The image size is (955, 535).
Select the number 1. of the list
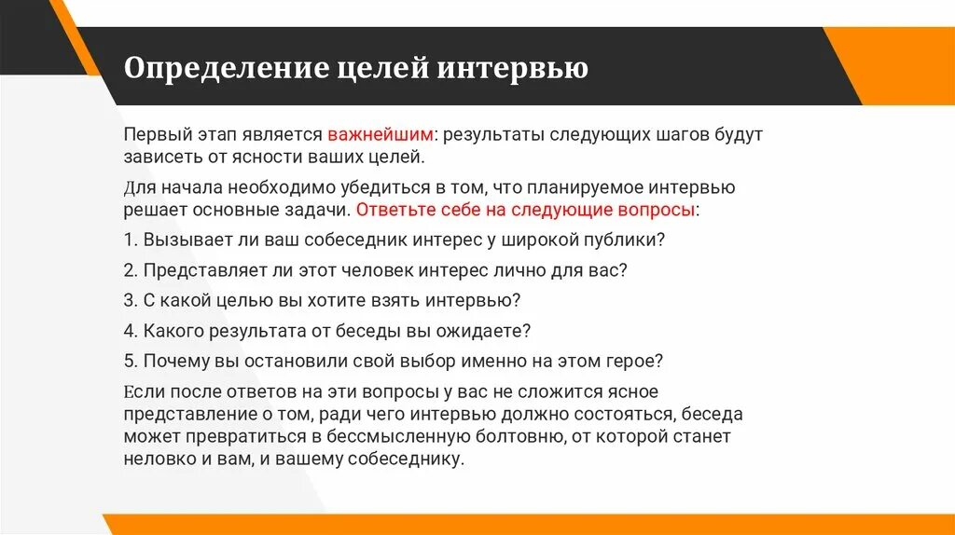click(x=130, y=240)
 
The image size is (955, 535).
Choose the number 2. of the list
click(x=130, y=270)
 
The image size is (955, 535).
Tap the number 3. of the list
click(x=130, y=300)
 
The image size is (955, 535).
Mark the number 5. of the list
click(x=130, y=360)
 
